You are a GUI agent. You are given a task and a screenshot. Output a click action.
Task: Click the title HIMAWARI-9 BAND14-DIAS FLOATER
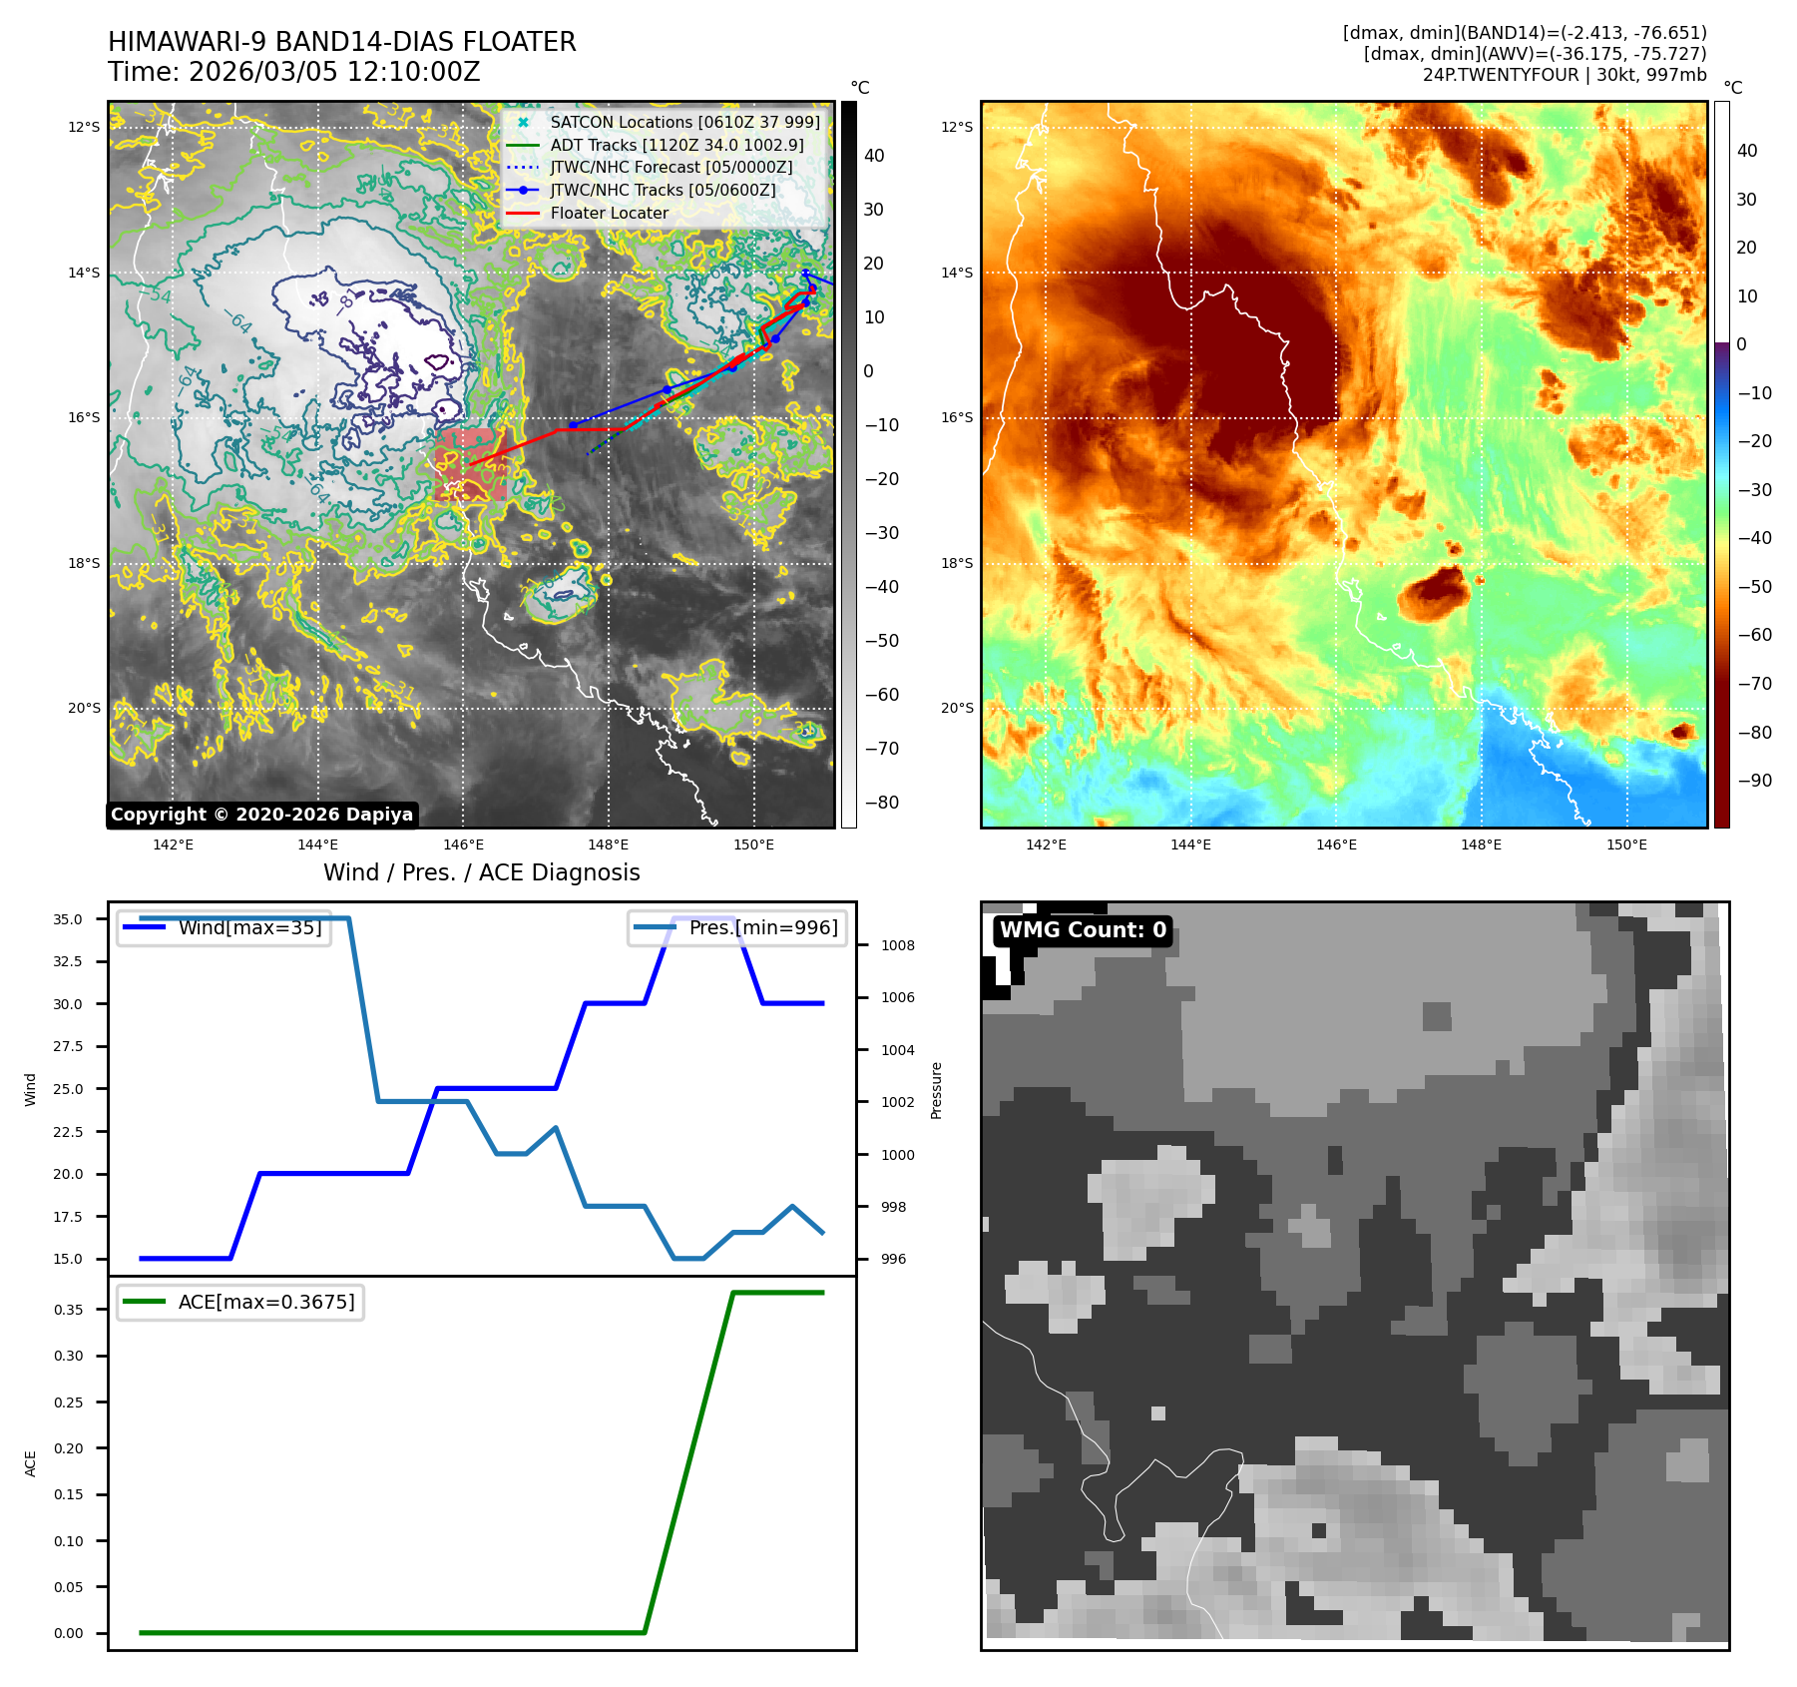341,42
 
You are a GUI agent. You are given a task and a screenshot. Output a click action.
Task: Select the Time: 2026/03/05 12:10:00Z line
293,72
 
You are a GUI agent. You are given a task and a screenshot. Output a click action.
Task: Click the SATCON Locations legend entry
684,122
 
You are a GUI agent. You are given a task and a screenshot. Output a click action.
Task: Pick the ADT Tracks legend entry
676,145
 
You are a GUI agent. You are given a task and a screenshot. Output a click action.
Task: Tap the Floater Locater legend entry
609,213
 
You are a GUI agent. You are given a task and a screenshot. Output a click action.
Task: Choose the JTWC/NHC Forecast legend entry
671,167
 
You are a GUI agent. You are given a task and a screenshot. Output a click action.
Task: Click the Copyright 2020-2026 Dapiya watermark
261,815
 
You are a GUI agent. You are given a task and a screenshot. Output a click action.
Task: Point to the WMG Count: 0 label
1083,930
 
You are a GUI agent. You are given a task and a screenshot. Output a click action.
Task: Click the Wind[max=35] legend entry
249,927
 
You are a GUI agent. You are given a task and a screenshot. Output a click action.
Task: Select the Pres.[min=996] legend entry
763,927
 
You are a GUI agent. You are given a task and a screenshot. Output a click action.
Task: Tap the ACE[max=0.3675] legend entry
265,1302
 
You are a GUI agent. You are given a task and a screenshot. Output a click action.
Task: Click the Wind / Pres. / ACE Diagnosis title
481,872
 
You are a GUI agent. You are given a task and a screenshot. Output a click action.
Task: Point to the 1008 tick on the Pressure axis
897,945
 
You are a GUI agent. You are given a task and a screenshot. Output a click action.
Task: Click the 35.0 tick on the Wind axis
68,919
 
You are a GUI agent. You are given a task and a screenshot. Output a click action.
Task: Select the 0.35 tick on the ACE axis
68,1310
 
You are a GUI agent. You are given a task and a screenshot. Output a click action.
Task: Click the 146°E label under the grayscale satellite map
463,844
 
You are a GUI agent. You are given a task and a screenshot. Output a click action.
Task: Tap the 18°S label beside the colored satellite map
957,563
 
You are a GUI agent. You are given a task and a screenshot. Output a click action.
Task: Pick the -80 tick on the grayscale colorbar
881,803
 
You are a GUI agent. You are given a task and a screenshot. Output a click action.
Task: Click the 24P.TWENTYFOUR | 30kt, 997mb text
1564,75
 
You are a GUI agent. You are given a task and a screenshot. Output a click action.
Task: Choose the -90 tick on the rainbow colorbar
1754,781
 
